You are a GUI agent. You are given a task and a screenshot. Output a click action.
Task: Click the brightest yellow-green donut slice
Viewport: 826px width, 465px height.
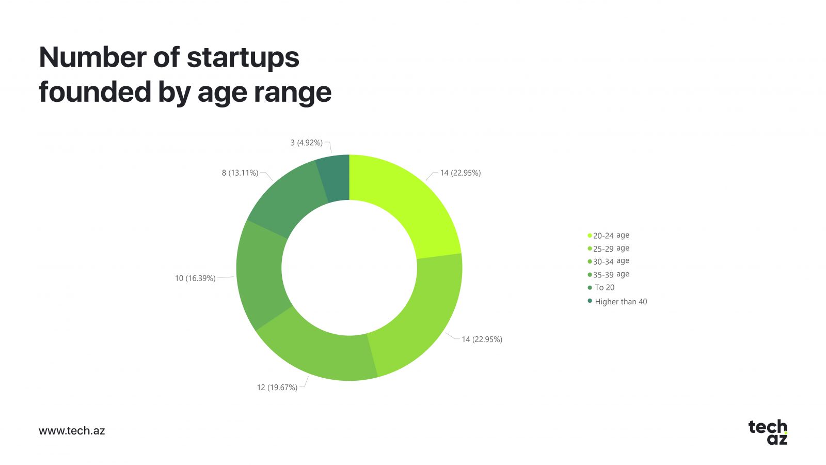coord(406,207)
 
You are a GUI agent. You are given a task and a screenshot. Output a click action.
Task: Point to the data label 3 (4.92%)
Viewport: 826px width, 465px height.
coord(307,143)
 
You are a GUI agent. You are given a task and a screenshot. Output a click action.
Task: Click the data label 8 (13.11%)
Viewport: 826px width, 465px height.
coord(240,173)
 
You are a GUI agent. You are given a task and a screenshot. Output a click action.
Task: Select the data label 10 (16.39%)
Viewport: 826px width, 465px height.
coord(195,278)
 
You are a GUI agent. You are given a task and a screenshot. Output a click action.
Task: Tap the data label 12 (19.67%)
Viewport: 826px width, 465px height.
coord(277,388)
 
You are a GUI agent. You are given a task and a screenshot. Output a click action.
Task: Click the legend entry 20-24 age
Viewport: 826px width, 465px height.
coord(609,236)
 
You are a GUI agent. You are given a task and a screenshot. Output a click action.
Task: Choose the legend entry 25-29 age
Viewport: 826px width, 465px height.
coord(609,249)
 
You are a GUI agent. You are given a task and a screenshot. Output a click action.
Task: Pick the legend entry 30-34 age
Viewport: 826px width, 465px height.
coord(609,261)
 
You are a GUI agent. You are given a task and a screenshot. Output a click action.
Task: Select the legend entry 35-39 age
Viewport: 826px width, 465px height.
coord(609,274)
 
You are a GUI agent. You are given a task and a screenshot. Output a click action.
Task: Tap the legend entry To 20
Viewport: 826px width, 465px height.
coord(601,287)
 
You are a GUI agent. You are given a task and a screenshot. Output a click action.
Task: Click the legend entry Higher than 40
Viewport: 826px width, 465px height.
coord(617,302)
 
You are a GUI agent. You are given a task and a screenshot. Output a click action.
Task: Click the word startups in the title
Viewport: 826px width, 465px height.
coord(243,58)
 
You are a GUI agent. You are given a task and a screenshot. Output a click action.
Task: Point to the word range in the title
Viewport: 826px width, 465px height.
coord(292,93)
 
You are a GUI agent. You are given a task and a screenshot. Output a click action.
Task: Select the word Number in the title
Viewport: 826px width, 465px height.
coord(92,57)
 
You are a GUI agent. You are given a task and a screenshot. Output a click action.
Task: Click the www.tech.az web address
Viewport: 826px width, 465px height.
coord(72,431)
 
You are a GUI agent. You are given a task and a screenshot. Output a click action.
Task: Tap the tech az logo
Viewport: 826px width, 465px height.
coord(768,432)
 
